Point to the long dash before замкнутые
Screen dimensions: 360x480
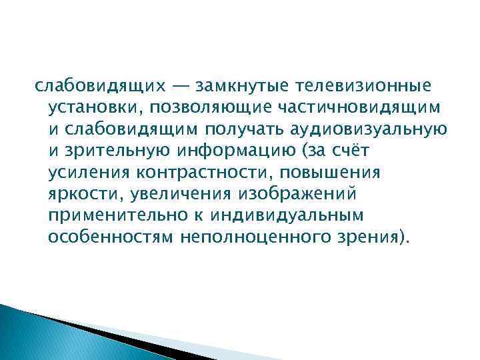(x=181, y=86)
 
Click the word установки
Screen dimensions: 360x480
(x=95, y=108)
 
